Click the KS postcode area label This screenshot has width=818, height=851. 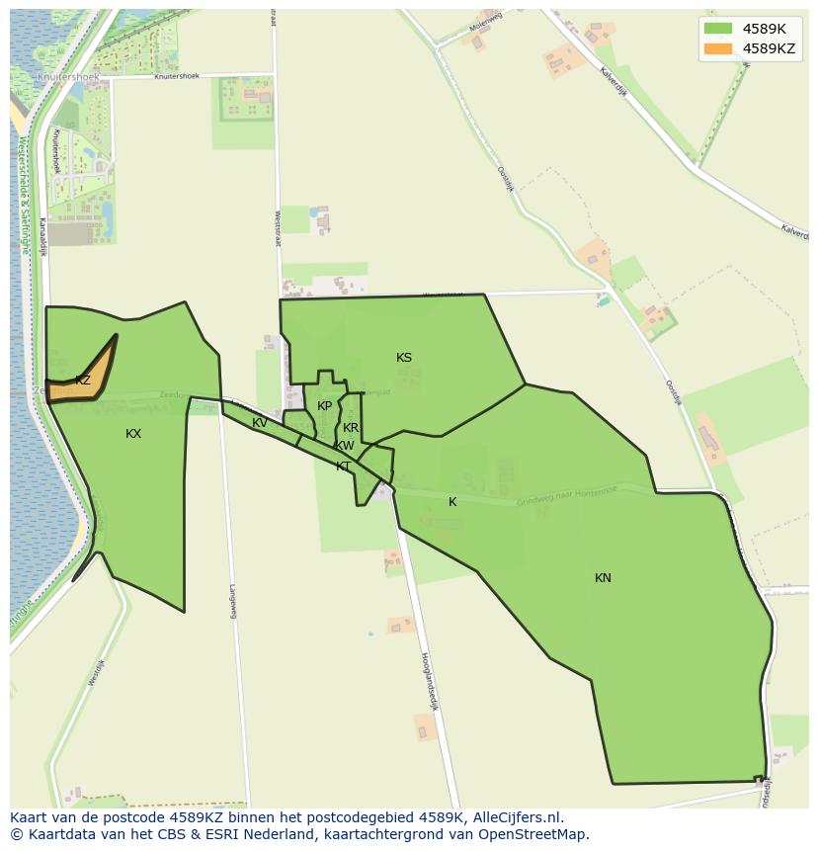[x=404, y=358]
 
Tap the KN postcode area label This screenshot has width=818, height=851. [x=603, y=578]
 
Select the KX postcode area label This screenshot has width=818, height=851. [x=133, y=434]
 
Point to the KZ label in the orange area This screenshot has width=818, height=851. [x=83, y=381]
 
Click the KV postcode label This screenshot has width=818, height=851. [x=260, y=423]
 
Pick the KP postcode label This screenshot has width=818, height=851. [x=325, y=406]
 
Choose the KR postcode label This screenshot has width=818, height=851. [x=351, y=428]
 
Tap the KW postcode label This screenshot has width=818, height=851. [x=345, y=446]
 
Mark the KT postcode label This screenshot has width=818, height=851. [x=343, y=467]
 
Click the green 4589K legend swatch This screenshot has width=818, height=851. [x=718, y=29]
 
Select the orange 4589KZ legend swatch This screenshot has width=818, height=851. [x=718, y=48]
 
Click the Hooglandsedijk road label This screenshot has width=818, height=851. [x=429, y=681]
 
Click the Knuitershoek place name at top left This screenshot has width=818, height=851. [x=63, y=76]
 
